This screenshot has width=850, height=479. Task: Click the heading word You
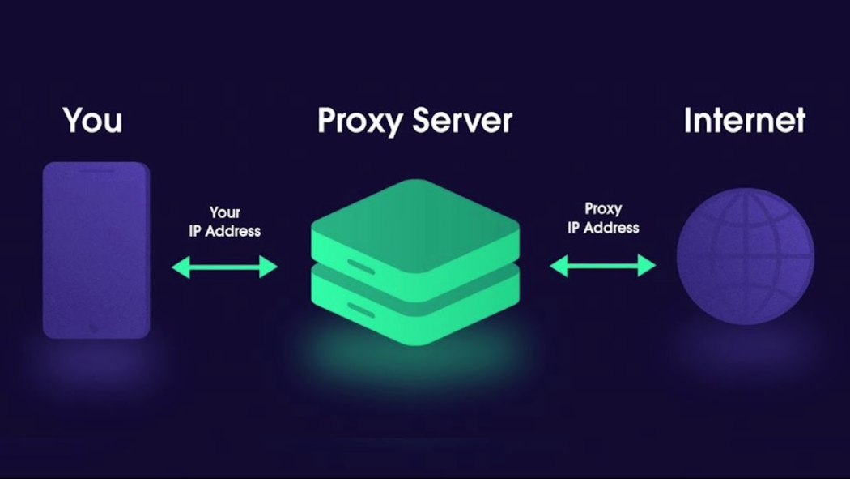point(92,120)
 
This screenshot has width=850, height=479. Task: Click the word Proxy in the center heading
point(359,121)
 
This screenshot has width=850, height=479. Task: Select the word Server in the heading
point(462,120)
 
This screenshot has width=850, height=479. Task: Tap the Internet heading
point(744,120)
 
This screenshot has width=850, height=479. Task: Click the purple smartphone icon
point(96,243)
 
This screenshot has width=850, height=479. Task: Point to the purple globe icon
point(745,257)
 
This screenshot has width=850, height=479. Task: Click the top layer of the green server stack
point(414,223)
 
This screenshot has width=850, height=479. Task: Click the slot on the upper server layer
point(361,265)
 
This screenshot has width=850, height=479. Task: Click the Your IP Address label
point(224,221)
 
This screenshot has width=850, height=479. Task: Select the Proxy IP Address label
point(603,218)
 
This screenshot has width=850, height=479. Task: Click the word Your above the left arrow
point(225,212)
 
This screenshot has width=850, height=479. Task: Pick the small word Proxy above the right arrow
point(603,209)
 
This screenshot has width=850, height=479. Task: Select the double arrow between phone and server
point(224,266)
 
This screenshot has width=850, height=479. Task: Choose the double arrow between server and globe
point(602,265)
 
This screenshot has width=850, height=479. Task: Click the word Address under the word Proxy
point(612,228)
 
